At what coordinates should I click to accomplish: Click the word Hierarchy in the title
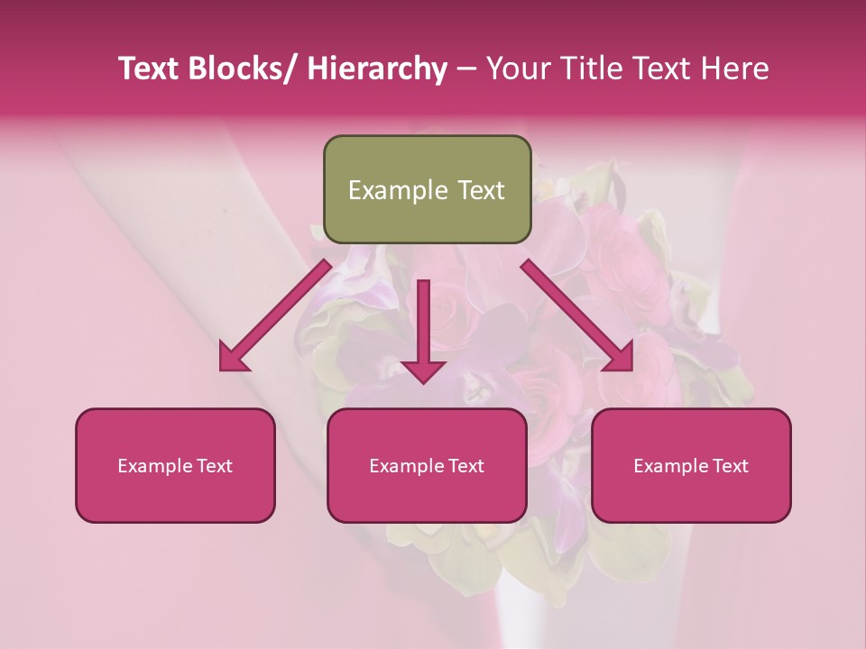(376, 69)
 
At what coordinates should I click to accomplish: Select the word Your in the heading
(516, 69)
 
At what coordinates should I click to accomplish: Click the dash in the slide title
(466, 70)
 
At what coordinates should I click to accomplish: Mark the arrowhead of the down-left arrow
(234, 359)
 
